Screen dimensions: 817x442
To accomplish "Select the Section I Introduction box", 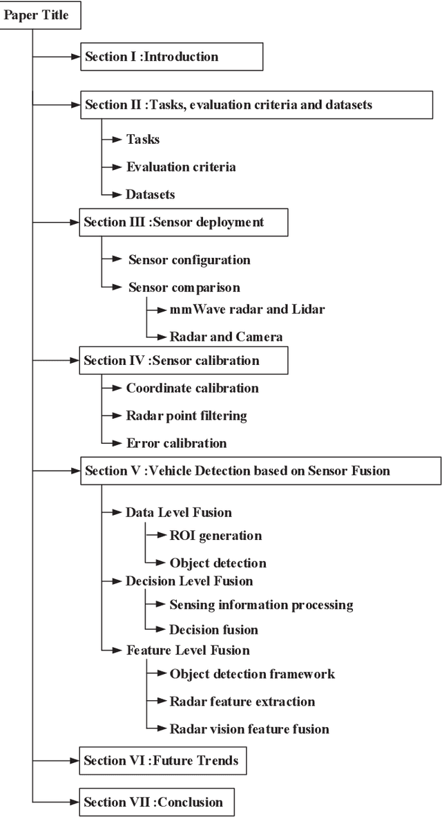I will [x=171, y=57].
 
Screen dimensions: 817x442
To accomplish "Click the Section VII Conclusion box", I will [x=155, y=802].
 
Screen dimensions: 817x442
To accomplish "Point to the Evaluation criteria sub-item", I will [x=180, y=167].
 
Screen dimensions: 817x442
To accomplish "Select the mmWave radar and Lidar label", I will [x=247, y=309].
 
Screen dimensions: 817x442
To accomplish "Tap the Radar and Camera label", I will [x=226, y=337].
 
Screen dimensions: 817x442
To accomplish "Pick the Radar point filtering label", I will [x=186, y=415].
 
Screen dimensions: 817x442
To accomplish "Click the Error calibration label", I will [x=176, y=443].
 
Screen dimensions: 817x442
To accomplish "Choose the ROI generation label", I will [x=215, y=535].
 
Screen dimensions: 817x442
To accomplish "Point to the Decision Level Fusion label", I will [x=189, y=581].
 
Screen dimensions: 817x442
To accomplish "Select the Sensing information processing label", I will [x=261, y=605].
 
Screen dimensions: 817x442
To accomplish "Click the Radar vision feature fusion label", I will [x=249, y=729].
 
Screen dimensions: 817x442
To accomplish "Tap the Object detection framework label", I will [x=252, y=673].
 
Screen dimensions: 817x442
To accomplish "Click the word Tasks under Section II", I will [x=142, y=139].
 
